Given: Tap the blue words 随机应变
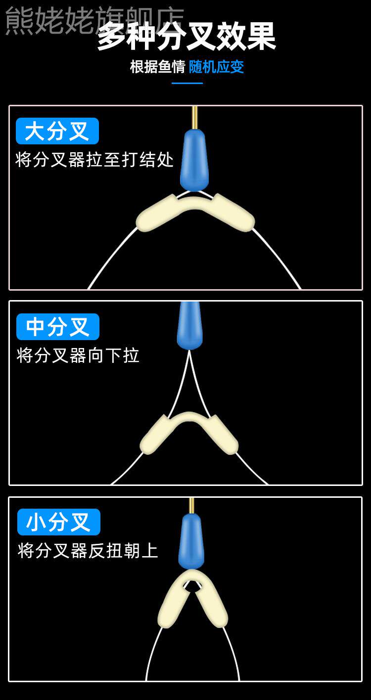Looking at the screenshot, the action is [x=217, y=67].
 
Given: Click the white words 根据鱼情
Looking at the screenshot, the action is [x=157, y=67].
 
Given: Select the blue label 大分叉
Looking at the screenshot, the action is [x=57, y=131].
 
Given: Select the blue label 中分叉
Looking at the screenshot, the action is [x=58, y=327].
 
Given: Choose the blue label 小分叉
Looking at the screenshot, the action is [x=59, y=522].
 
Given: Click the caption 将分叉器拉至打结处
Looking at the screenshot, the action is [x=94, y=160].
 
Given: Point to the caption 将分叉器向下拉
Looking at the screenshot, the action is [x=78, y=355].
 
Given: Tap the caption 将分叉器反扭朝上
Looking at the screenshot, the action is [x=88, y=550].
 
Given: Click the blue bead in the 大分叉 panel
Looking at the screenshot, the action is [x=194, y=160].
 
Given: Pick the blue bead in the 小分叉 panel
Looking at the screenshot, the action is [x=191, y=541].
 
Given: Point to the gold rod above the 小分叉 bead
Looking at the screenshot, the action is [x=191, y=505].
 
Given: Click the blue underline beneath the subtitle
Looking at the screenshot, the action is [x=187, y=83].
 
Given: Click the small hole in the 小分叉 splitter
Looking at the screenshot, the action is [x=192, y=586].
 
